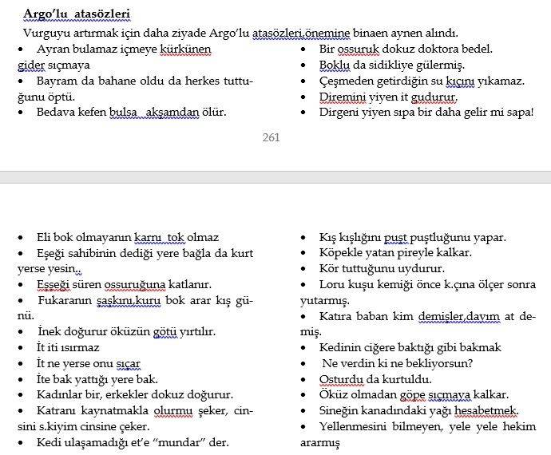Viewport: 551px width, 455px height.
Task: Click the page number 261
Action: pyautogui.click(x=271, y=137)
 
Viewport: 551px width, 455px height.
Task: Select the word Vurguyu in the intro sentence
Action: pyautogui.click(x=46, y=33)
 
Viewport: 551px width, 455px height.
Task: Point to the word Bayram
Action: pyautogui.click(x=58, y=81)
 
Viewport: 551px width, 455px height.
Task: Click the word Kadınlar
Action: pyautogui.click(x=61, y=394)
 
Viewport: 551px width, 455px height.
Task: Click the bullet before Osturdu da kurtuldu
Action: pyautogui.click(x=303, y=379)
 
